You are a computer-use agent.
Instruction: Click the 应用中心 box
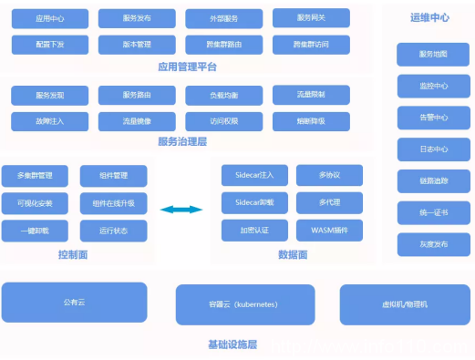tap(50, 18)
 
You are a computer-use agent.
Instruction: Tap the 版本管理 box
tap(137, 43)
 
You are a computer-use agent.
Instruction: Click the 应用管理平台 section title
tap(187, 67)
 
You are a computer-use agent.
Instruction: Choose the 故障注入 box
tap(50, 120)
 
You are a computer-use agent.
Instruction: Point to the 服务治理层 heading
tap(182, 141)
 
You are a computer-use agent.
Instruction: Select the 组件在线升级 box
tap(113, 202)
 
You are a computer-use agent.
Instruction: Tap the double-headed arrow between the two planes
tap(181, 210)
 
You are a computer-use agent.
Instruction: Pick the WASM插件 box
tap(329, 230)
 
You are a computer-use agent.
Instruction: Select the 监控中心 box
tap(433, 87)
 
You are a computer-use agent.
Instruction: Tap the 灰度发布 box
tap(433, 244)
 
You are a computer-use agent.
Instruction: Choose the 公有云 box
tap(74, 302)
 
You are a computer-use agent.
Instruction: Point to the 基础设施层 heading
tap(232, 345)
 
